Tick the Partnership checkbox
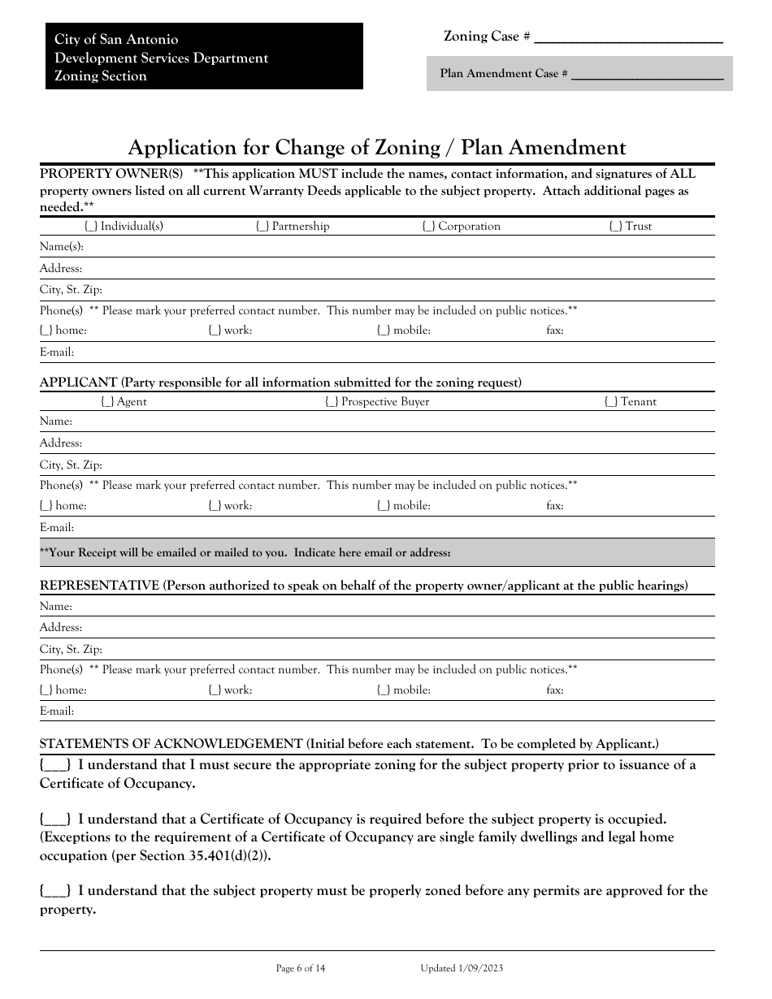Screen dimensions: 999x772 click(262, 227)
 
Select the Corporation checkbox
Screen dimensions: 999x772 click(428, 227)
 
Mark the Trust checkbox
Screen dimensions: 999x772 click(616, 227)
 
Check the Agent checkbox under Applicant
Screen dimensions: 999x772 click(107, 402)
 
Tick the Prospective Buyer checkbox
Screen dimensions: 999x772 click(332, 402)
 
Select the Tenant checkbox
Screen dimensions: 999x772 click(611, 402)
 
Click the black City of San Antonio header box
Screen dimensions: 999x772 click(204, 57)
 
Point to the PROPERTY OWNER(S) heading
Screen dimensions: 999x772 click(112, 174)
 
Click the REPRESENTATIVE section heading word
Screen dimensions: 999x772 click(99, 586)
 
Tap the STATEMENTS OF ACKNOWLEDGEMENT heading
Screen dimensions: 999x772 click(171, 744)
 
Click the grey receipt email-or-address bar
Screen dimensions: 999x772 click(377, 552)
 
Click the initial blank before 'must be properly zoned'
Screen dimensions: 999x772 click(55, 891)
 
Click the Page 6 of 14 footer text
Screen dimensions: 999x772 click(301, 968)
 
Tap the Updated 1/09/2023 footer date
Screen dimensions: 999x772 click(462, 968)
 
